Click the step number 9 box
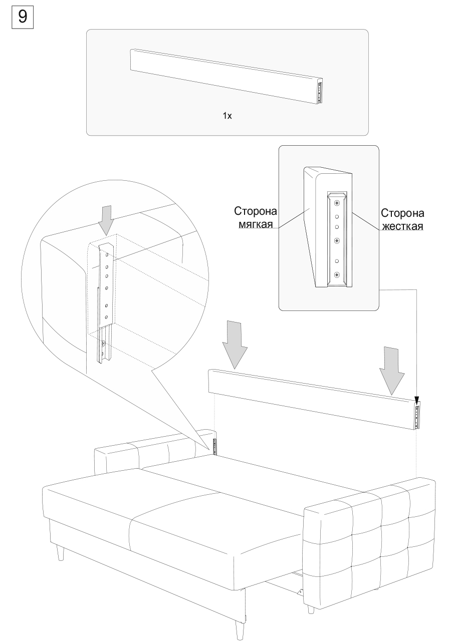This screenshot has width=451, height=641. coord(23,17)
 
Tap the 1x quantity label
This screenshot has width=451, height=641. coord(227,116)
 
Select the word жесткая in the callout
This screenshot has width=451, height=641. coord(402,226)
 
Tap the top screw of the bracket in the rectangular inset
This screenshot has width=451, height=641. coord(336,203)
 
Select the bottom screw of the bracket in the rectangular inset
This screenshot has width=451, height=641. coord(336,274)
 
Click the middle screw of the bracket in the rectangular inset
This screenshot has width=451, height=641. coord(336,239)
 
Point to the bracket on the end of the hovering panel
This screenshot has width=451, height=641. coord(416,415)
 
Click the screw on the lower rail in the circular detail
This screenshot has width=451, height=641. coord(103,344)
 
